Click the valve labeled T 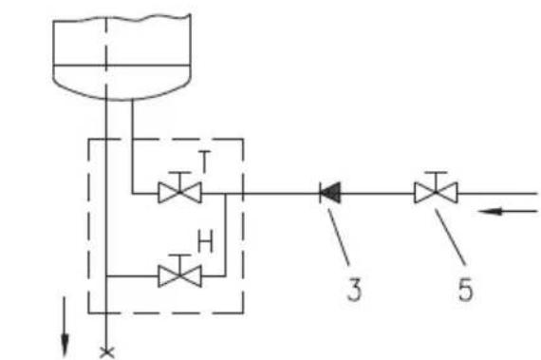point(179,193)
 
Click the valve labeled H point(179,276)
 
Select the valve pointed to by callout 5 point(436,193)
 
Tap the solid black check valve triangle point(331,193)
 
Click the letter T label point(204,161)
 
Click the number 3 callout point(354,290)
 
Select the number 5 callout point(465,290)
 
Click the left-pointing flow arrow point(508,211)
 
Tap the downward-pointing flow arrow point(65,326)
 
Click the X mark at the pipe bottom point(106,352)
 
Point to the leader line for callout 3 point(339,237)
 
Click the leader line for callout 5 point(450,237)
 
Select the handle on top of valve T point(179,172)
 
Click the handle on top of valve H point(179,256)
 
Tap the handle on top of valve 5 point(436,172)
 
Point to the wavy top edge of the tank point(121,18)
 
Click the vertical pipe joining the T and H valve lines point(226,235)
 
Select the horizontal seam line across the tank point(121,65)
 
